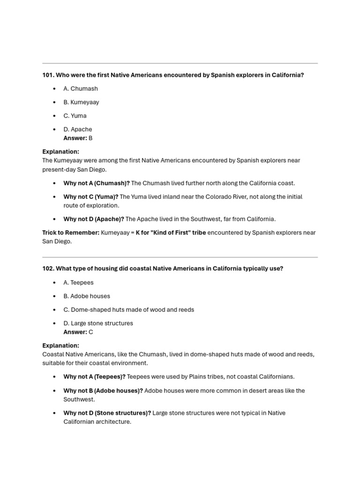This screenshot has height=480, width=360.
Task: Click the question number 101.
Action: (48, 75)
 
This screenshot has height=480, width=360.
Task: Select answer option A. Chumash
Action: (81, 89)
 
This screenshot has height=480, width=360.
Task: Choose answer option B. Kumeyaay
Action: (81, 102)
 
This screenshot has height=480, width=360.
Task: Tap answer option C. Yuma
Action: (75, 116)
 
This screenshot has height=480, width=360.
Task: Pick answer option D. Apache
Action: (78, 129)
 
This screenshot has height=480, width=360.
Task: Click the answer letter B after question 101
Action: (90, 138)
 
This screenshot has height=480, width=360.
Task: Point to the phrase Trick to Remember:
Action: (71, 232)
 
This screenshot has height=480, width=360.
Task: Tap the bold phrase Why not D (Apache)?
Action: (94, 219)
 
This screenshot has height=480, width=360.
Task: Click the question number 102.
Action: (48, 269)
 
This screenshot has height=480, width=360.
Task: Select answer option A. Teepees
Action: (78, 283)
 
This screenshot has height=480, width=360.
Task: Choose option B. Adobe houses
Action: (87, 296)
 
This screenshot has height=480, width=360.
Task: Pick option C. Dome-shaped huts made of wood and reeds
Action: (128, 310)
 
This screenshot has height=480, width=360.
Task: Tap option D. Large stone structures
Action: (98, 323)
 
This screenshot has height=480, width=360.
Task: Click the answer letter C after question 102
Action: (91, 332)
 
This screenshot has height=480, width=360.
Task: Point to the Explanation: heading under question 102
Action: (60, 345)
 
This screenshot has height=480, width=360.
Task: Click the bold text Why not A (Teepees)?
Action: (94, 377)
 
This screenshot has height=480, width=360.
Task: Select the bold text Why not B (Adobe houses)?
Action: (103, 391)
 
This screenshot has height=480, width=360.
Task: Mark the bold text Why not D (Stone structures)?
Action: (107, 413)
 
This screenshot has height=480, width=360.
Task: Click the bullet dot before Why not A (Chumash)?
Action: (54, 183)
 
